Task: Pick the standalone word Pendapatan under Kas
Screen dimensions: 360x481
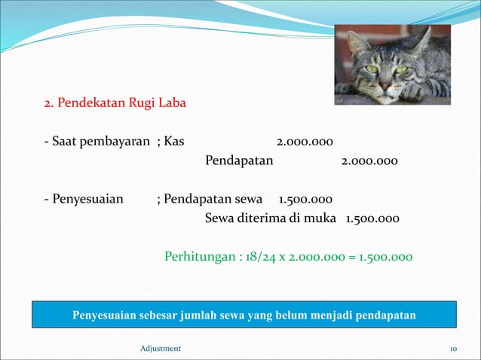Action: [x=239, y=161]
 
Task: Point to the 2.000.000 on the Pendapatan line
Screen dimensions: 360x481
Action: [x=369, y=161]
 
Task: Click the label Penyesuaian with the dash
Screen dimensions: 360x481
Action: [x=84, y=200]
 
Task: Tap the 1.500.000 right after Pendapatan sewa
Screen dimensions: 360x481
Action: [x=305, y=200]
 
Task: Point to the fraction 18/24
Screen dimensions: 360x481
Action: [x=262, y=257]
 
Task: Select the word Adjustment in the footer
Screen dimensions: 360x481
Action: [x=161, y=348]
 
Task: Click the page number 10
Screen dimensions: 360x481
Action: [x=453, y=348]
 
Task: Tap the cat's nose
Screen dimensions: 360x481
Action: [x=385, y=85]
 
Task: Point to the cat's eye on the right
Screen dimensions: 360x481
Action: [x=401, y=69]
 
